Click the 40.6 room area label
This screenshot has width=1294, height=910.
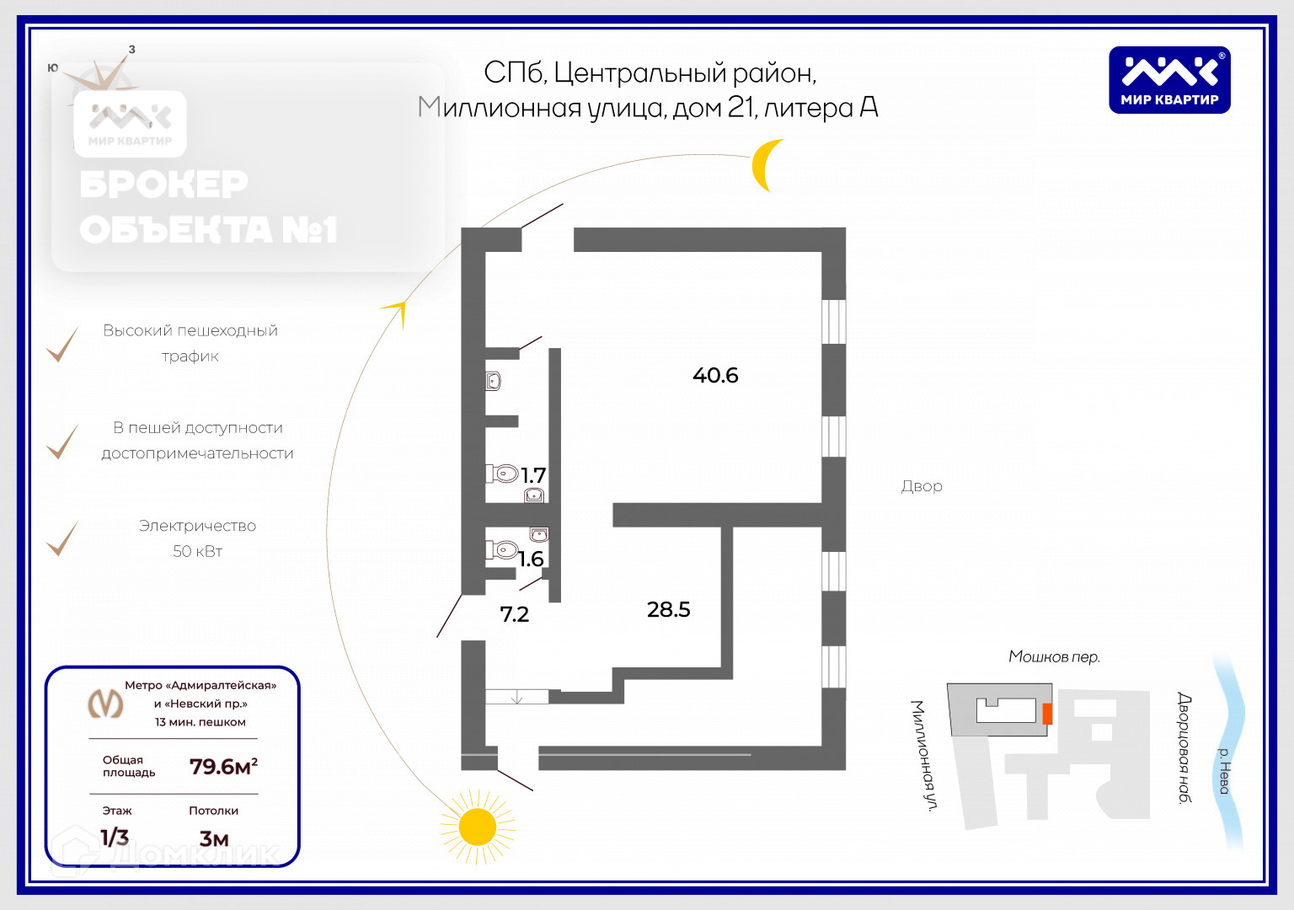tap(715, 375)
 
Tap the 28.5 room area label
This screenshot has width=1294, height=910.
tap(668, 609)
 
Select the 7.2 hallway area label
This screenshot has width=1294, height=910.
tap(514, 614)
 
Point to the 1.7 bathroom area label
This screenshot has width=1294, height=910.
tap(533, 475)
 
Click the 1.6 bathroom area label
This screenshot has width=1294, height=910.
tap(531, 559)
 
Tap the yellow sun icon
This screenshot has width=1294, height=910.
tap(478, 827)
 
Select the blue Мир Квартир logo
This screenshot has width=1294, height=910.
tap(1169, 80)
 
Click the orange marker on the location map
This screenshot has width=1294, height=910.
tap(1047, 714)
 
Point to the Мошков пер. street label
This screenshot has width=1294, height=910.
tap(1054, 656)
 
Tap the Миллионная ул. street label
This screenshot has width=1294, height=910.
tap(923, 755)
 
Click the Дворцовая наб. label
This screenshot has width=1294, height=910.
tap(1184, 747)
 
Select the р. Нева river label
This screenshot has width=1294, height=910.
tap(1224, 770)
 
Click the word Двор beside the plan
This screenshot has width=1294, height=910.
tap(922, 486)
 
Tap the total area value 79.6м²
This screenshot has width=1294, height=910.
tap(223, 767)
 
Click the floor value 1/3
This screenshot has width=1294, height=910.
tap(115, 837)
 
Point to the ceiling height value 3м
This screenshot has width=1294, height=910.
tap(214, 838)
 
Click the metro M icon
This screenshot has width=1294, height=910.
tap(106, 703)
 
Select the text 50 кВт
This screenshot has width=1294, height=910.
tap(197, 551)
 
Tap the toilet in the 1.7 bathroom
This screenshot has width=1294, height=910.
tap(505, 474)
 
